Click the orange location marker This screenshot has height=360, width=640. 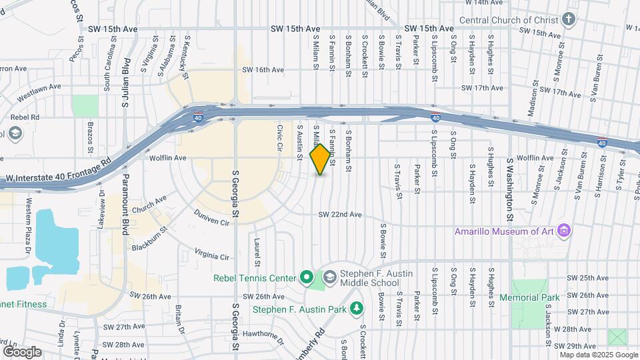pos(321,159)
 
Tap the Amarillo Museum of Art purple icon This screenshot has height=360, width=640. pos(565,231)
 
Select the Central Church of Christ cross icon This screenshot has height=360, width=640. pos(569,19)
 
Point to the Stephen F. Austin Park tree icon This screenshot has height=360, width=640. pos(357,309)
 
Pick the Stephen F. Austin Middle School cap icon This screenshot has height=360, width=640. pos(329,277)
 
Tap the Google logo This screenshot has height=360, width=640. pos(21,351)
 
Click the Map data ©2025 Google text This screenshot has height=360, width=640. pos(599,354)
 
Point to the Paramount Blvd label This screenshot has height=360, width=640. pos(125,213)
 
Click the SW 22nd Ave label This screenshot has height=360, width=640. pos(340,215)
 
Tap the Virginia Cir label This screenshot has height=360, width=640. pos(211,254)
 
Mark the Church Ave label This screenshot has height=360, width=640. pos(149,204)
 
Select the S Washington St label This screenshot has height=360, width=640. pos(510,190)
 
